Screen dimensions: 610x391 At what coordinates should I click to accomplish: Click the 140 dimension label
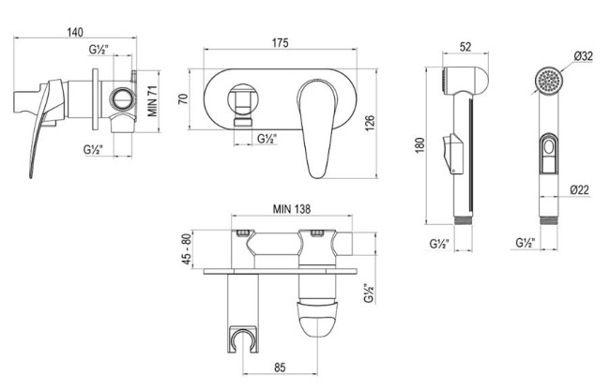[75, 32]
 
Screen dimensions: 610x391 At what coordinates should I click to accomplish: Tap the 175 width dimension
[280, 43]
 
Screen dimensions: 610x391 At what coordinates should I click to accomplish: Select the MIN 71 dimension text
[152, 101]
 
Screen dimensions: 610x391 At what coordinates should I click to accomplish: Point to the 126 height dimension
[370, 123]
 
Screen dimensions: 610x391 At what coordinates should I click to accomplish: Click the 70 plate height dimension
[183, 98]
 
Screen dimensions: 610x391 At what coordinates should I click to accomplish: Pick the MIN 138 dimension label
[292, 209]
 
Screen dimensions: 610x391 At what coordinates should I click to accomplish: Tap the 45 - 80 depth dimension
[187, 249]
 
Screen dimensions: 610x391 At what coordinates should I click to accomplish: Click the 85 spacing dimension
[280, 368]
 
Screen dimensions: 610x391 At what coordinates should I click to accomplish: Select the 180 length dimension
[420, 145]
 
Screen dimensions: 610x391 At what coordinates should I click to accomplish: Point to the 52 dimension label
[465, 47]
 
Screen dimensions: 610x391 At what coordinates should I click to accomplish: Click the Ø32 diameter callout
[584, 56]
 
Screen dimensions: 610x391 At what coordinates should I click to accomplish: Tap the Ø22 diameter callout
[580, 190]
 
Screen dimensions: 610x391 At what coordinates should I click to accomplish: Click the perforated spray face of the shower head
[548, 80]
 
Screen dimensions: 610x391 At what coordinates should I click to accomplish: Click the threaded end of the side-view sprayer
[464, 220]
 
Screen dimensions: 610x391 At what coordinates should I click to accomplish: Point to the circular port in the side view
[123, 98]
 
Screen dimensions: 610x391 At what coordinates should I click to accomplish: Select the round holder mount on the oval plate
[243, 98]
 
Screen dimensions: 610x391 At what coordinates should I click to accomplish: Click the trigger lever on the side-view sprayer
[452, 154]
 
